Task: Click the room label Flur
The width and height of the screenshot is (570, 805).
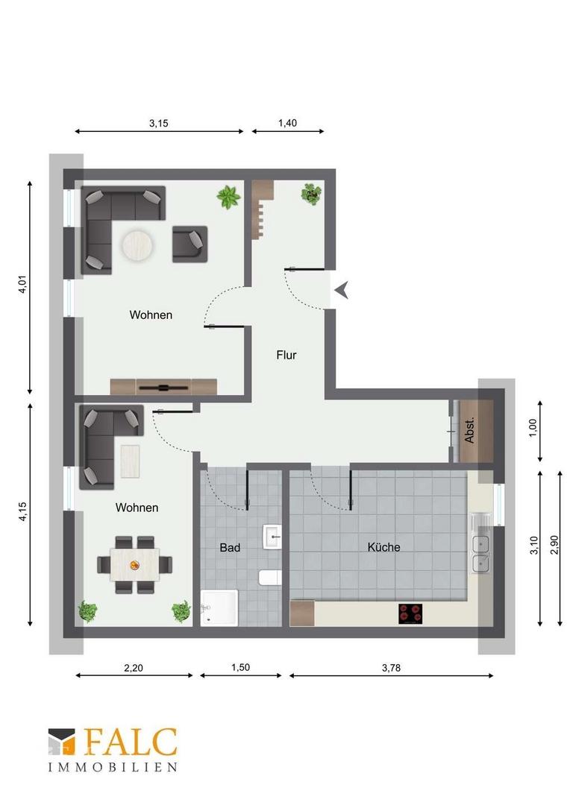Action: point(286,356)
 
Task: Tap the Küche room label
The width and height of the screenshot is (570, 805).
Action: point(383,547)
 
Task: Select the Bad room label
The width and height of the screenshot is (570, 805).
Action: point(230,548)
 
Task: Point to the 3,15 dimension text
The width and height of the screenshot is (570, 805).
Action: point(158,124)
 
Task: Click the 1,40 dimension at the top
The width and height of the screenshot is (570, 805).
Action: point(288,124)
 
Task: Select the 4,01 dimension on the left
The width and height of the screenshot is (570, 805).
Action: point(22,285)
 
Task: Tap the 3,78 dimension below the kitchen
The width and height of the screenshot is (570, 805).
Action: point(390,668)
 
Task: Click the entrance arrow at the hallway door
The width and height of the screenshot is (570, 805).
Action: point(341,290)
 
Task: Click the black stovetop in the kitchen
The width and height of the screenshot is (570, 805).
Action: point(410,613)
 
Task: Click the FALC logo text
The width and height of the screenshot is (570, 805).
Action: point(131,742)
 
